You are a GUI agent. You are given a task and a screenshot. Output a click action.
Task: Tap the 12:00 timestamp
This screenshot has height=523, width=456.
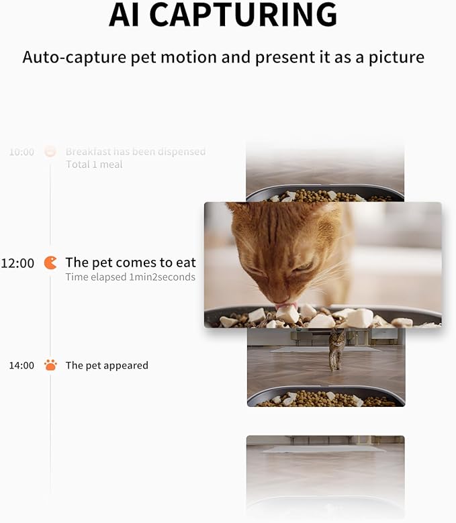tap(17, 263)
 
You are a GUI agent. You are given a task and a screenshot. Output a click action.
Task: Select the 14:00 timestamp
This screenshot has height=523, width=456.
tap(21, 365)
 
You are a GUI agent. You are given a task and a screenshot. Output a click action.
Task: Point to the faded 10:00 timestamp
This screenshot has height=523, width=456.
tap(21, 152)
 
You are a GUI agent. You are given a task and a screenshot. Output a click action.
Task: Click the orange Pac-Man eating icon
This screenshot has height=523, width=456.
tap(50, 263)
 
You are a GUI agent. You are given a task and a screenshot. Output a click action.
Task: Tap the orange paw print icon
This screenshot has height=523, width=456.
tap(50, 365)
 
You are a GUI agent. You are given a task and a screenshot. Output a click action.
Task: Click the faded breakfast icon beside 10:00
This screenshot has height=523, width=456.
tap(50, 152)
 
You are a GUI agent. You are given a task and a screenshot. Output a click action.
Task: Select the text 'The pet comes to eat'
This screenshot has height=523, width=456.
tap(130, 263)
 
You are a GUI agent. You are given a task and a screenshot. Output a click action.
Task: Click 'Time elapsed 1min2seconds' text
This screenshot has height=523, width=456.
tap(130, 277)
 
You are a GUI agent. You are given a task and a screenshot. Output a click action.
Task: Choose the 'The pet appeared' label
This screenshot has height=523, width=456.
tap(107, 365)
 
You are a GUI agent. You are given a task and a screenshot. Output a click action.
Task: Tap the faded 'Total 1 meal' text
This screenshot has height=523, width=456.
tap(94, 164)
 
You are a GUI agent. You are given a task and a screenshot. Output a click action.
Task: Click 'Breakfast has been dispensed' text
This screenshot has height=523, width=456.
tap(136, 152)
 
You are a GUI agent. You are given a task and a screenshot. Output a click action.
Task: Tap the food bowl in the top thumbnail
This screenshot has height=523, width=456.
tap(326, 195)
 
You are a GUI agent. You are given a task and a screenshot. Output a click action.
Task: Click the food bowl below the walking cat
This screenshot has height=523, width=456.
tap(326, 398)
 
